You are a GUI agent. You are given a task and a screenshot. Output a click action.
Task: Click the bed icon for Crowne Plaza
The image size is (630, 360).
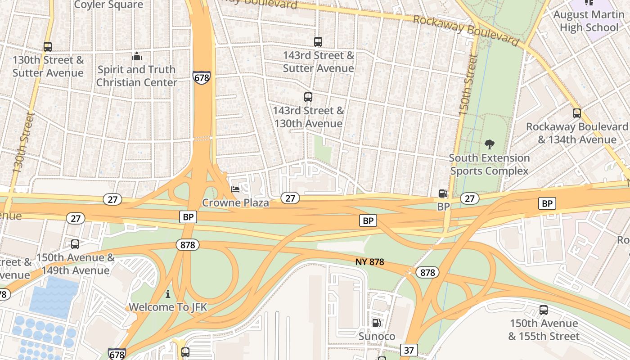click(x=235, y=189)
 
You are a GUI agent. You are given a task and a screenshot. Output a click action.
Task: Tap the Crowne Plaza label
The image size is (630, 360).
click(x=235, y=203)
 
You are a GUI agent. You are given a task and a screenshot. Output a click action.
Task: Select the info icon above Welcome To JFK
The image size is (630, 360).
click(x=168, y=294)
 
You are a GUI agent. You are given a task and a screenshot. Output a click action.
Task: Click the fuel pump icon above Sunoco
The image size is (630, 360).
click(x=376, y=323)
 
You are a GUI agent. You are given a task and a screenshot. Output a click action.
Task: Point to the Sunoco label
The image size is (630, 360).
click(x=377, y=337)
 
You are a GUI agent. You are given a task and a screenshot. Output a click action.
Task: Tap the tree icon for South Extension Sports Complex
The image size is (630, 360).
click(x=490, y=144)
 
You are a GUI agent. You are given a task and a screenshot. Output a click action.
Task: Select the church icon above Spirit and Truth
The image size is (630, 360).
click(x=137, y=56)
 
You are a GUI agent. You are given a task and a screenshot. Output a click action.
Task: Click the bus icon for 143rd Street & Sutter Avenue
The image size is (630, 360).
click(x=318, y=42)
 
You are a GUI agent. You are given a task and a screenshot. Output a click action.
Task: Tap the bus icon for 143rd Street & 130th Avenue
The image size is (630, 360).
click(x=308, y=97)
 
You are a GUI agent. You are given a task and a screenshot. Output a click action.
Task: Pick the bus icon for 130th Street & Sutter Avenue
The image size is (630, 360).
click(x=48, y=47)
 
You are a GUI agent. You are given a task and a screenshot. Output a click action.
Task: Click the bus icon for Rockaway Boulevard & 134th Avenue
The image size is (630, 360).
click(x=577, y=113)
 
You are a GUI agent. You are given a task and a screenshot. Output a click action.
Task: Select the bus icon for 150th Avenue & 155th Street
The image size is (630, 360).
click(x=544, y=310)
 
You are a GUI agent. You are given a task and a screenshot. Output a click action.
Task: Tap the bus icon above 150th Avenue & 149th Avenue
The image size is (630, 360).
click(x=75, y=244)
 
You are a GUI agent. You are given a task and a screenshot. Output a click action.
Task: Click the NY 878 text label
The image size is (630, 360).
click(x=369, y=262)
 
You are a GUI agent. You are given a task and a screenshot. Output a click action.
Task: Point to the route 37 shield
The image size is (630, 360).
click(x=409, y=350)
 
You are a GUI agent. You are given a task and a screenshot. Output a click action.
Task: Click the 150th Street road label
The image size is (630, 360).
click(x=468, y=85)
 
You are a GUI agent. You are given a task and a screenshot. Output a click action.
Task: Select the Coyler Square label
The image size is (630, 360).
click(x=108, y=5)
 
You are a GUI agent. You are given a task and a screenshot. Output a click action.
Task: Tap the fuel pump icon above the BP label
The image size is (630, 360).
click(x=443, y=193)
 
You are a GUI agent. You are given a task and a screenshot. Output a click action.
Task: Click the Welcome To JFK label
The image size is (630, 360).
click(x=168, y=307)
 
